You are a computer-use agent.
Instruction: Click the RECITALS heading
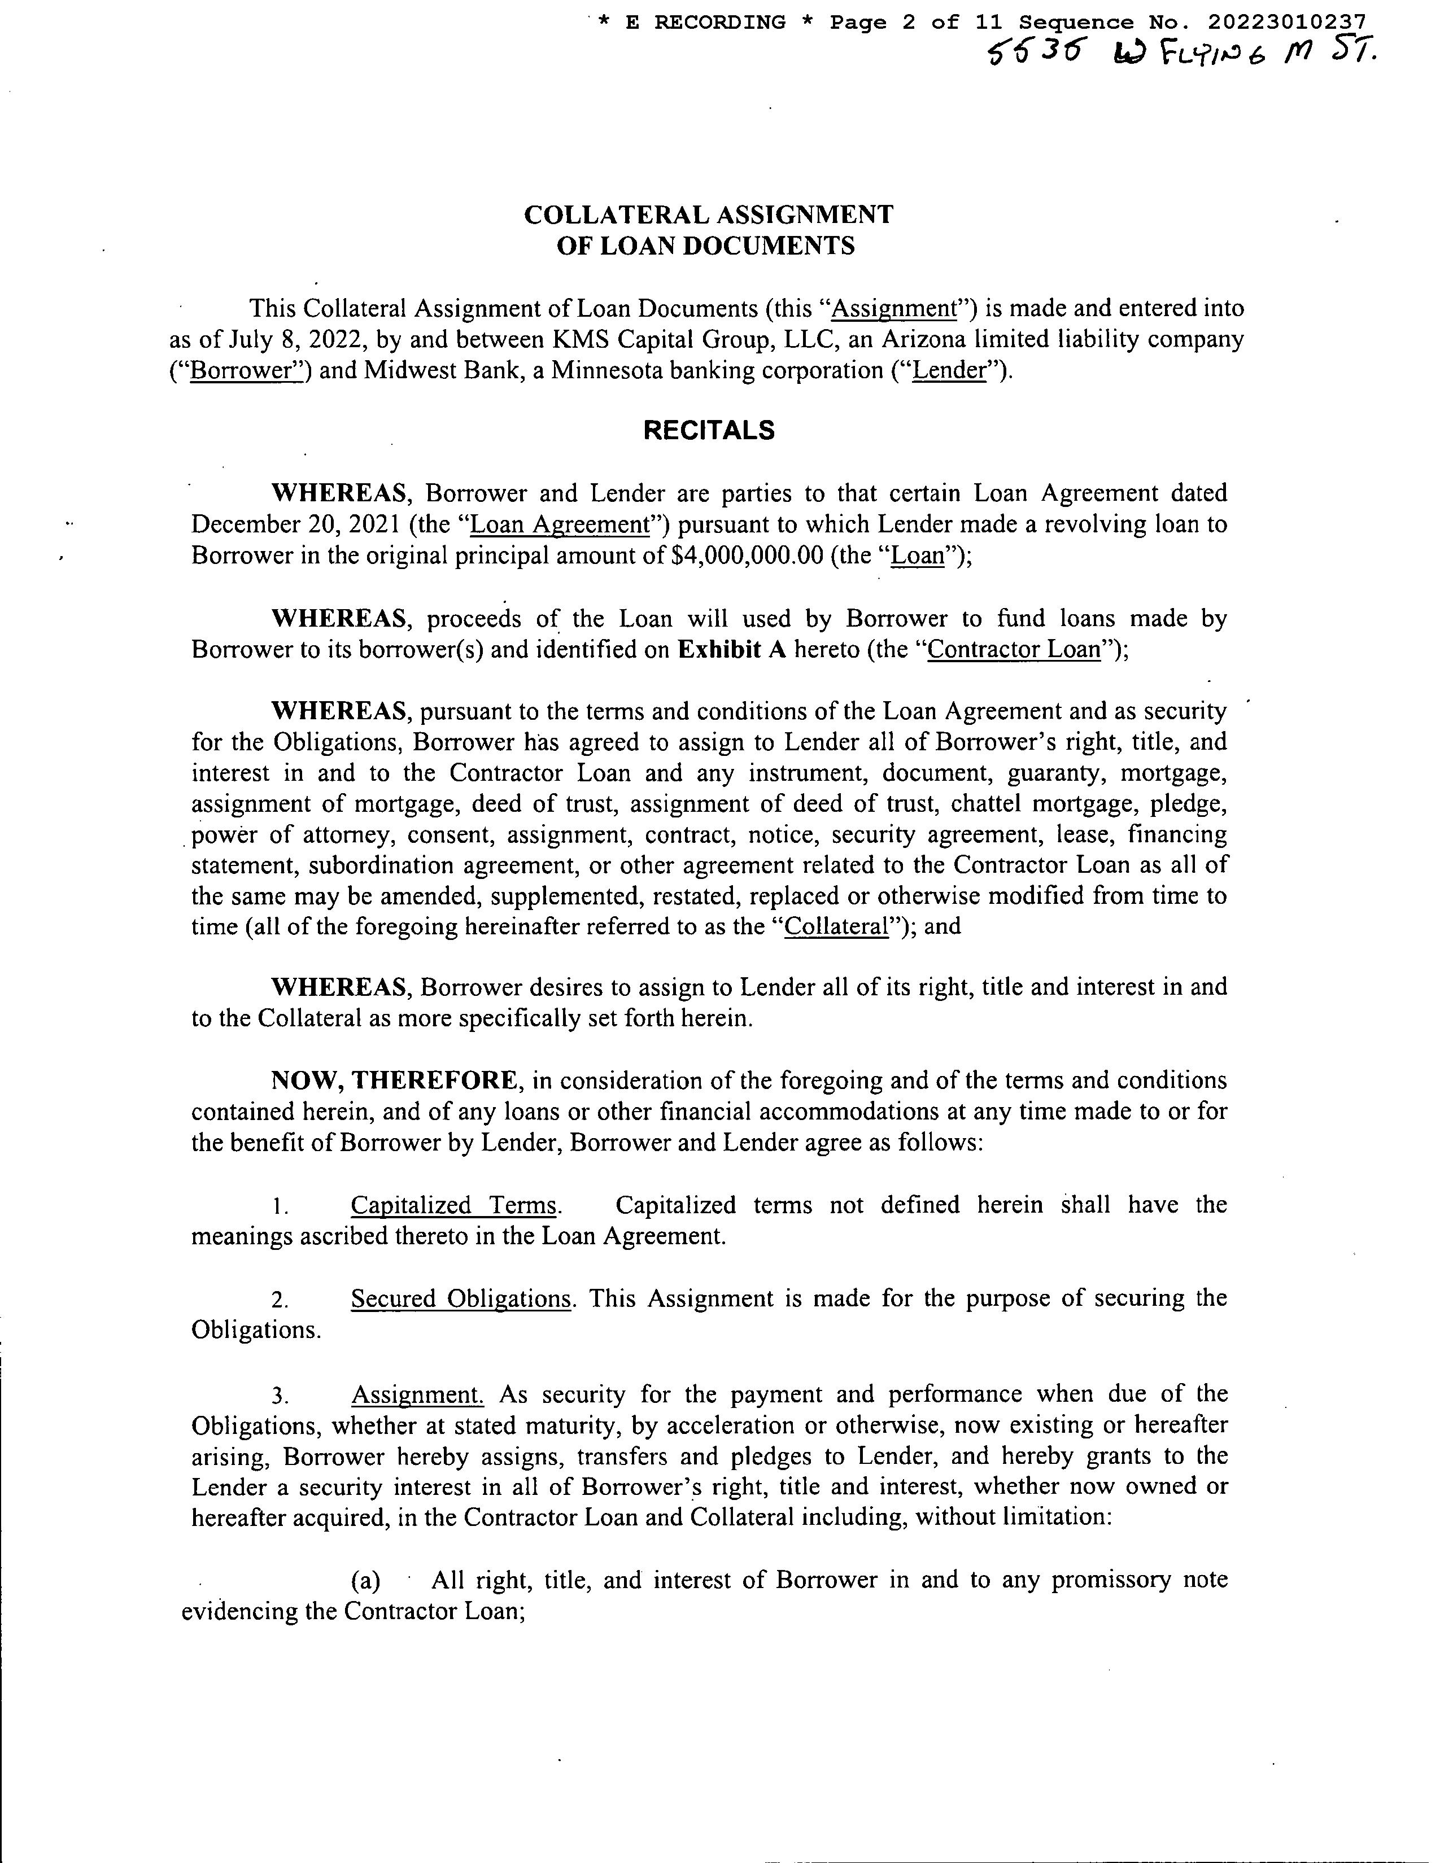pos(709,430)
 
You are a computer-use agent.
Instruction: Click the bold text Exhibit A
pos(731,649)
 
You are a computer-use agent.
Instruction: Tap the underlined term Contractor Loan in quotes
pos(1014,649)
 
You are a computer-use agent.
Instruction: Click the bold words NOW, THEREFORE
pos(394,1080)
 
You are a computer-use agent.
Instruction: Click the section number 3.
pos(280,1396)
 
